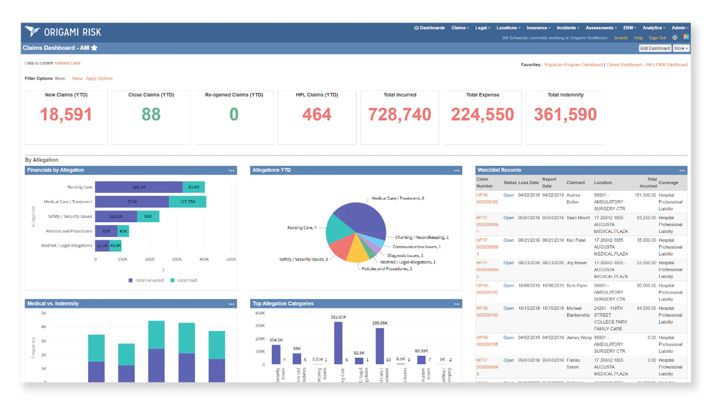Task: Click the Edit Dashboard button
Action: click(x=655, y=49)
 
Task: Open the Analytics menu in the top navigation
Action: click(x=653, y=28)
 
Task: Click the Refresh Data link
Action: click(x=67, y=63)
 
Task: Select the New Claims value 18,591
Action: click(x=66, y=114)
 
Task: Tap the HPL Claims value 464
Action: click(x=317, y=114)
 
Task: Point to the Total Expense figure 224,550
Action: click(x=482, y=114)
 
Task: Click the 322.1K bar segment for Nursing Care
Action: click(x=139, y=187)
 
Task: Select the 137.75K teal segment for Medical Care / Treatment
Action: click(x=187, y=202)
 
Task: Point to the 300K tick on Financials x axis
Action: click(x=177, y=260)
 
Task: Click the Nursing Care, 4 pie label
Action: click(x=302, y=228)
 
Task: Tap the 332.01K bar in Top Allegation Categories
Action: click(x=338, y=343)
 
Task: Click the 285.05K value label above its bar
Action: click(x=380, y=323)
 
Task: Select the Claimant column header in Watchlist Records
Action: click(x=575, y=183)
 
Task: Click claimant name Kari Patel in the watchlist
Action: click(x=576, y=240)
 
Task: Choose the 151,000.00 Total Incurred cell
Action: click(x=645, y=195)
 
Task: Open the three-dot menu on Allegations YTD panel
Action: click(x=457, y=171)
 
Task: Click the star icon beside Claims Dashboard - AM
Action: click(x=94, y=48)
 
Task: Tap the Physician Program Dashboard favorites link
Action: click(x=573, y=65)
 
